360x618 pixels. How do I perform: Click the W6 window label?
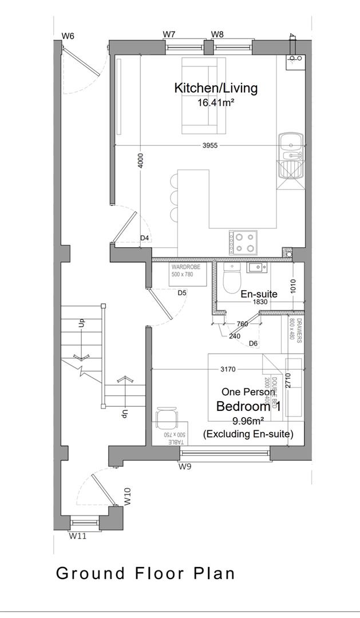68,36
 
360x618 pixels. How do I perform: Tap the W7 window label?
169,34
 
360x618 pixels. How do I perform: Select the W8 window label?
217,34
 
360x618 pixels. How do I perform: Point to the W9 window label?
184,467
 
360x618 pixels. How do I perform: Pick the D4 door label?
145,237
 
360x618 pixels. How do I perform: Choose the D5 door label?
182,293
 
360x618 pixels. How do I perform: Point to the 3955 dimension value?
210,146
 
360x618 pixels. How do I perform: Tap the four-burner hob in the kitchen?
243,242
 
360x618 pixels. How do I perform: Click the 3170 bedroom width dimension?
227,369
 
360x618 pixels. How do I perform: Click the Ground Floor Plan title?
145,573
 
